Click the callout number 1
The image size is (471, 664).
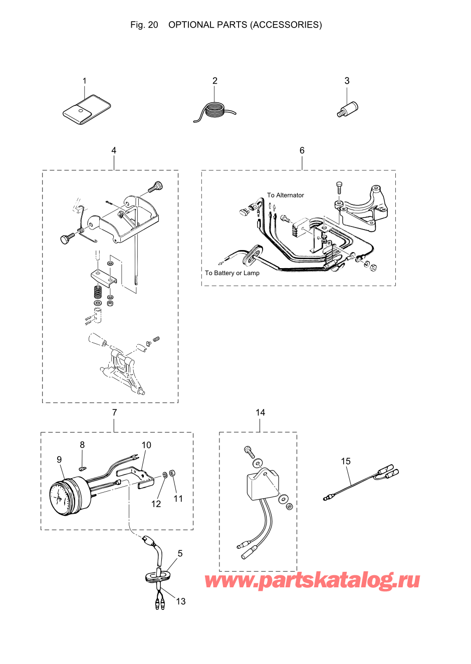click(84, 81)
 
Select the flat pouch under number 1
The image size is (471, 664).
click(86, 110)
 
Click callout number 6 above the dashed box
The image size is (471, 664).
click(302, 150)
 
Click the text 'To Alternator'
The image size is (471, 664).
click(285, 195)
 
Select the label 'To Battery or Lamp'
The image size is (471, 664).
click(232, 273)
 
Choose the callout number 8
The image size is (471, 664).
click(82, 445)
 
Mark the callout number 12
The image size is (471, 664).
click(156, 504)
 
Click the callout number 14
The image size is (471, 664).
click(260, 412)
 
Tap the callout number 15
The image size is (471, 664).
click(346, 461)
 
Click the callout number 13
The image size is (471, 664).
click(180, 601)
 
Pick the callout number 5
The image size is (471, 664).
click(180, 553)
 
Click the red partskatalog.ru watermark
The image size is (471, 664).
click(312, 581)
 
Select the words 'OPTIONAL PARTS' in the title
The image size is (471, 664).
click(207, 25)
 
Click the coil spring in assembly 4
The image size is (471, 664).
click(98, 292)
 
